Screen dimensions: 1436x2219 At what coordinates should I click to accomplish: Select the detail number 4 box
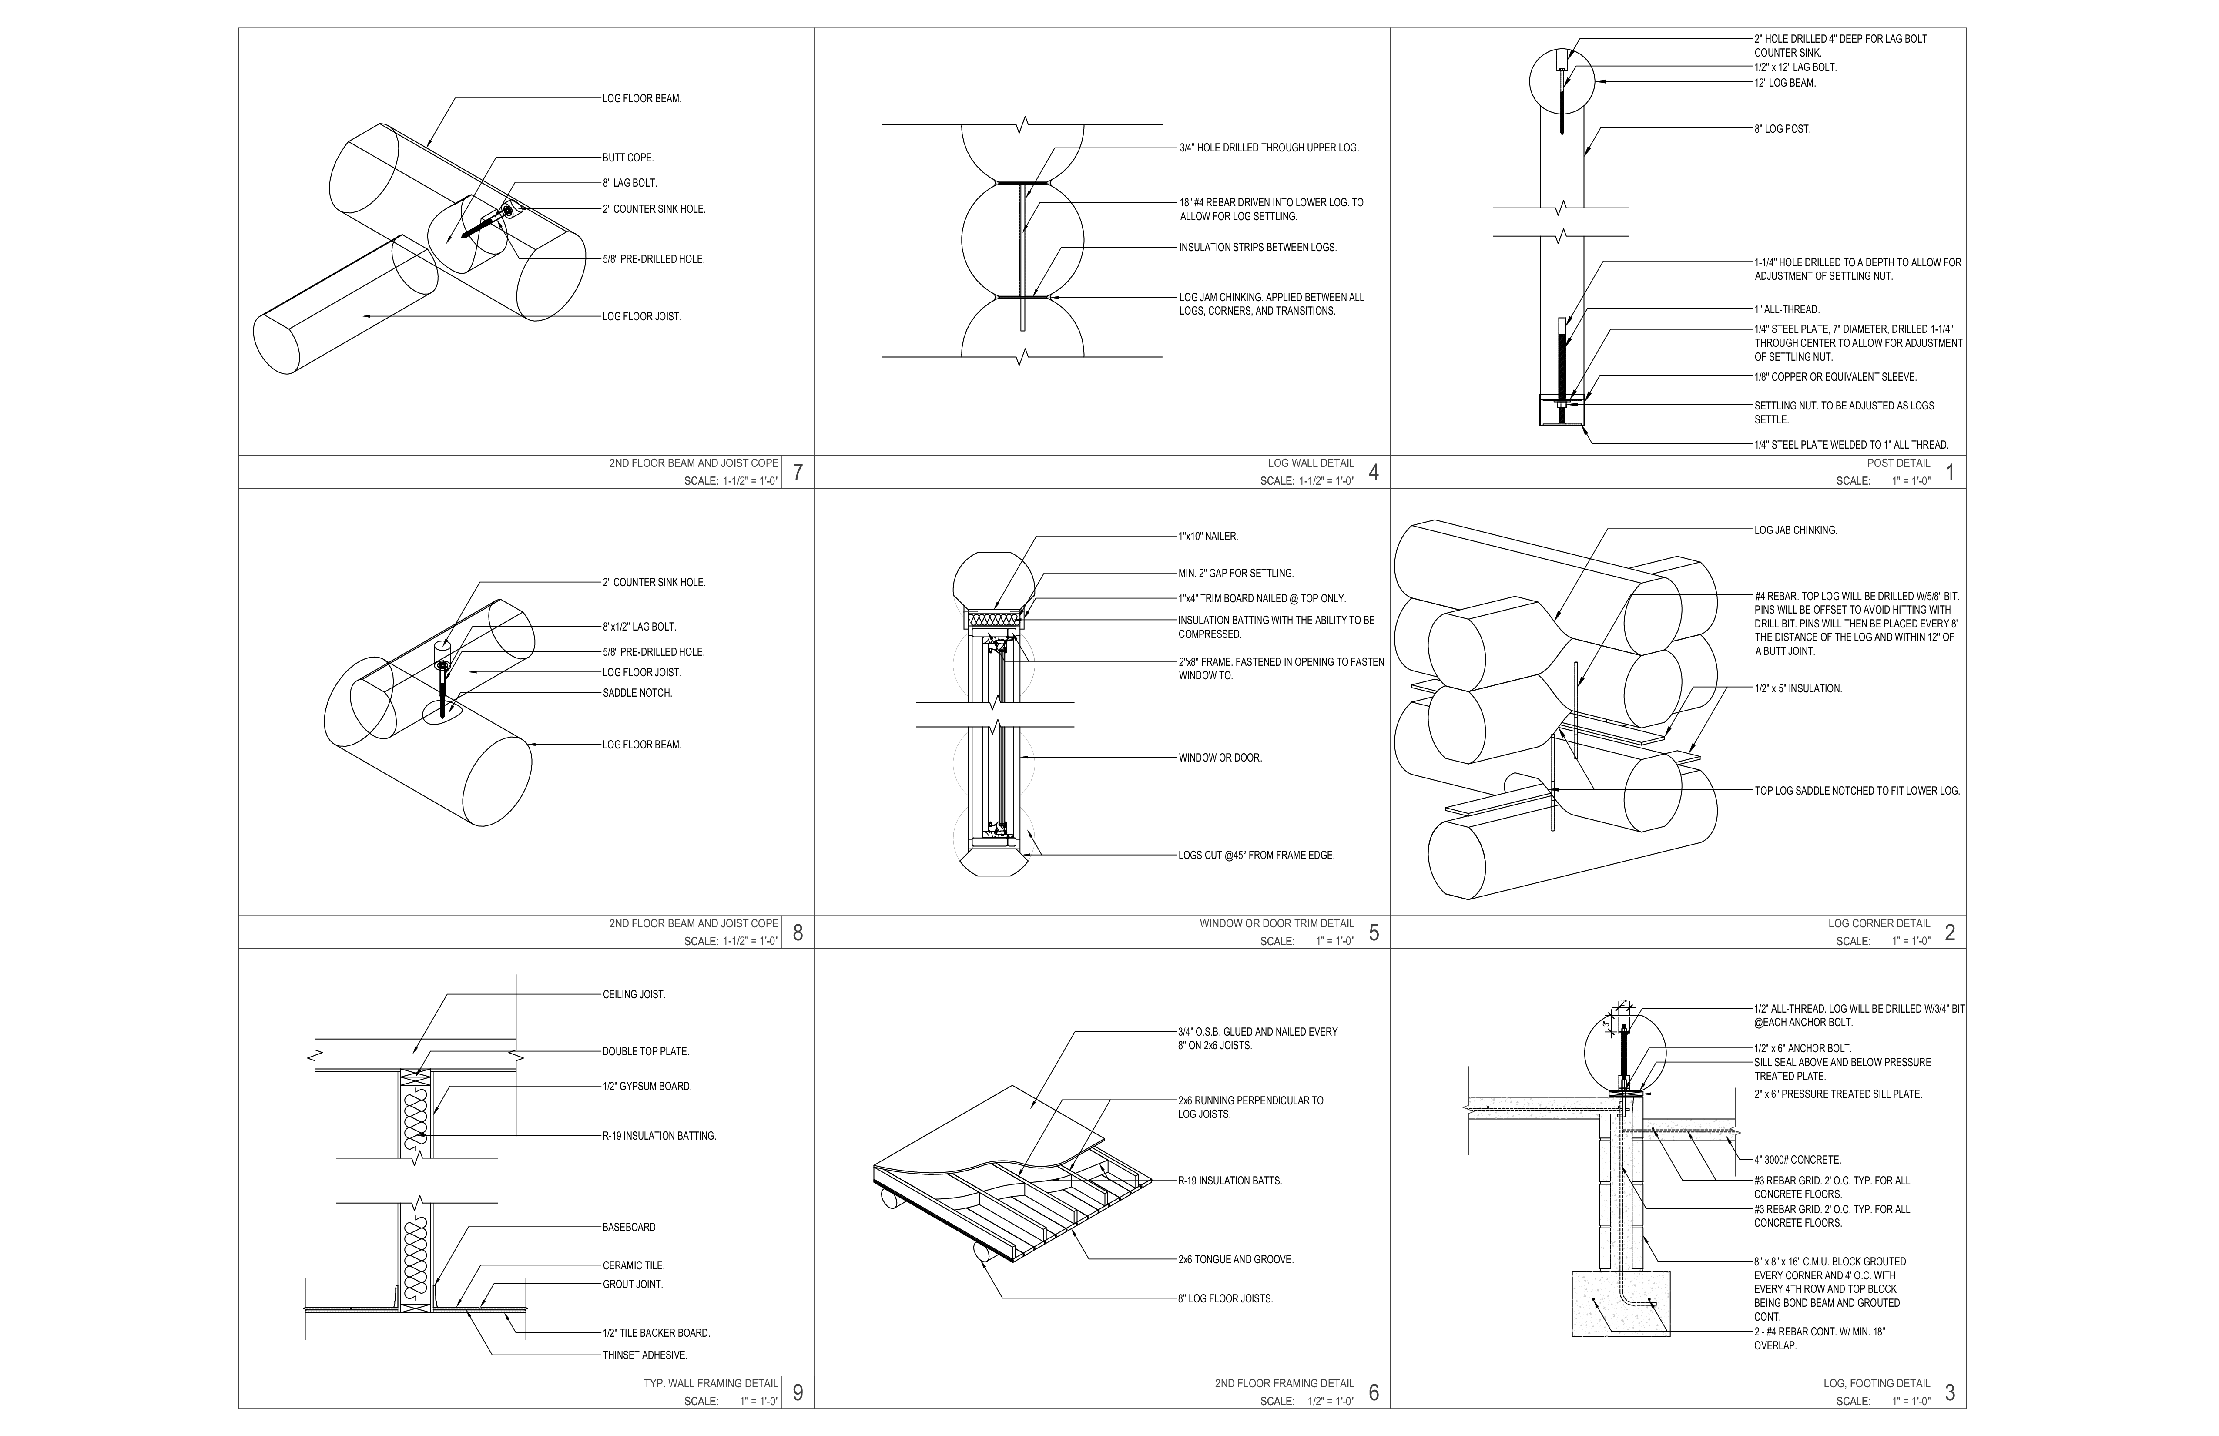[1373, 472]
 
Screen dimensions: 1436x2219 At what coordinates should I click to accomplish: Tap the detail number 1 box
[1950, 472]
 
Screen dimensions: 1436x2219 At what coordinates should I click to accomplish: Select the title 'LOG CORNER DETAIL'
[1879, 923]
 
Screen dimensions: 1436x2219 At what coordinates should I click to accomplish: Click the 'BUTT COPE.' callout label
[627, 158]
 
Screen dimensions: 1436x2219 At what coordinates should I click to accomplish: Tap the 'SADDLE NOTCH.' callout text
[637, 693]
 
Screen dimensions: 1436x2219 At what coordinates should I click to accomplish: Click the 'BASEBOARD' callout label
[628, 1227]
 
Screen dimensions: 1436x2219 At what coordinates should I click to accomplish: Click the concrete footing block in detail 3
[1620, 1304]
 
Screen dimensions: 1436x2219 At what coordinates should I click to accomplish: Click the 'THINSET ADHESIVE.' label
[644, 1355]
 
